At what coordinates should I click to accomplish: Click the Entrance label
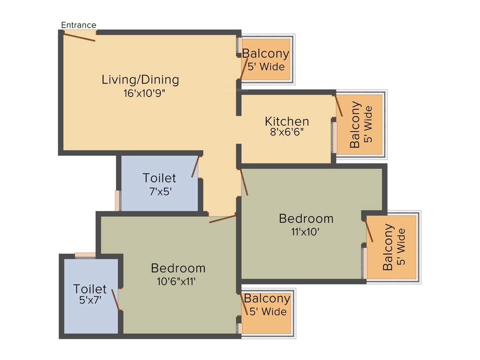[x=79, y=25]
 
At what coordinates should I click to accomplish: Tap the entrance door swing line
[x=79, y=37]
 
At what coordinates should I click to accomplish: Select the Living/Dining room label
[x=140, y=80]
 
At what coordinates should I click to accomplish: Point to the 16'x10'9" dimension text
[x=144, y=93]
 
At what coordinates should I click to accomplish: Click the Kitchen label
[x=287, y=121]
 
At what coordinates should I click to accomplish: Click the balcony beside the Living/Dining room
[x=266, y=60]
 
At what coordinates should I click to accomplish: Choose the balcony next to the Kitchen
[x=360, y=124]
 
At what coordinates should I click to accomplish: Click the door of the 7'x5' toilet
[x=195, y=166]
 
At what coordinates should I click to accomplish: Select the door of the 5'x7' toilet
[x=116, y=300]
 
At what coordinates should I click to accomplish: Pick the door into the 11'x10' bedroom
[x=244, y=182]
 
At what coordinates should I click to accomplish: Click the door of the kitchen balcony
[x=339, y=106]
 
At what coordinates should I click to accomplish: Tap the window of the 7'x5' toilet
[x=118, y=201]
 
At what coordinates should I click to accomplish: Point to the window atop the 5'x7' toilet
[x=85, y=255]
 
